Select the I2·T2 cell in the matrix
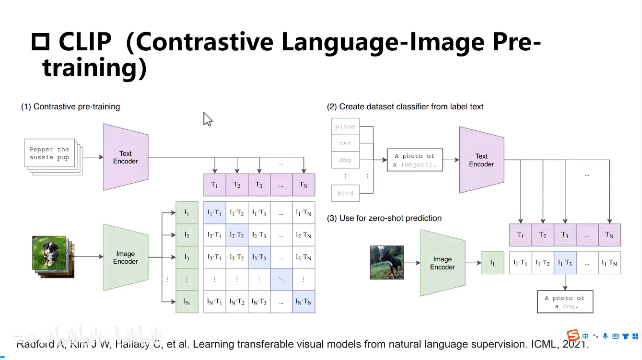click(237, 235)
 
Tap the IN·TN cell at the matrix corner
click(303, 302)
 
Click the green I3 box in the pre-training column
click(187, 257)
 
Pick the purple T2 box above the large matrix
click(237, 185)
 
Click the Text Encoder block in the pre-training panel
click(126, 157)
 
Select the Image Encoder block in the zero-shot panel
click(442, 263)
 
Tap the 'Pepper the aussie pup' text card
click(49, 153)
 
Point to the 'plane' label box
click(345, 127)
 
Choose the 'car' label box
click(345, 143)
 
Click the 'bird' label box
click(345, 193)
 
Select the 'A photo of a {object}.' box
click(414, 160)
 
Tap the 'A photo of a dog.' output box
click(565, 302)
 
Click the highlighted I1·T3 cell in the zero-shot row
click(565, 263)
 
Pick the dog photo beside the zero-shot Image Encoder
click(387, 262)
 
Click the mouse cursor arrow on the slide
click(207, 118)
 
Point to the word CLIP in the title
click(85, 42)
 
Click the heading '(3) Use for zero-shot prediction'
click(384, 218)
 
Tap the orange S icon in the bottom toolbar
click(572, 335)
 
